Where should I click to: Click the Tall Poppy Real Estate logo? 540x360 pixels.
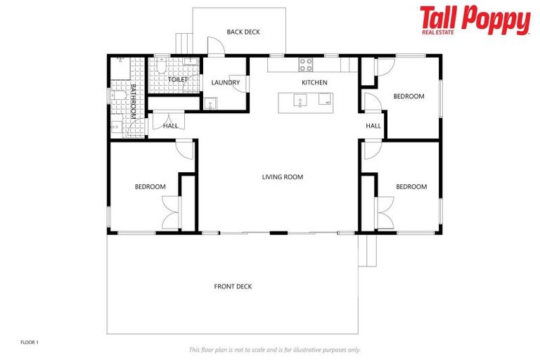[475, 20]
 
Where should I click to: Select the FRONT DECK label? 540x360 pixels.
[233, 286]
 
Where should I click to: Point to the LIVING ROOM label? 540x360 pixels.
[283, 177]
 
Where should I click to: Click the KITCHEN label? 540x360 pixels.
[314, 83]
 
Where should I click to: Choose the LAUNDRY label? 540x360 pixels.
[226, 83]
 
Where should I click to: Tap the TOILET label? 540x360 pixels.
[178, 80]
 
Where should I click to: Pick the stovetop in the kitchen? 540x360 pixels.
[306, 65]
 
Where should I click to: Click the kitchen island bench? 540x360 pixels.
[307, 102]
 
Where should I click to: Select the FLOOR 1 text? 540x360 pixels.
[30, 342]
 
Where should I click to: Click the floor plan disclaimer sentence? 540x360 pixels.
[275, 349]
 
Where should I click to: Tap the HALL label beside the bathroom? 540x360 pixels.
[170, 127]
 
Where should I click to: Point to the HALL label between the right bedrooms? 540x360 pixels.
[373, 127]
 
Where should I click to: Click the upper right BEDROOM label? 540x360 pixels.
[409, 96]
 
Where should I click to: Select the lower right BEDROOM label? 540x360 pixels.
[411, 187]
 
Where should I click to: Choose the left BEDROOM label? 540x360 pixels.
[150, 187]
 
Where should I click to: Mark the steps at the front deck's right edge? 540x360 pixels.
[364, 250]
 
